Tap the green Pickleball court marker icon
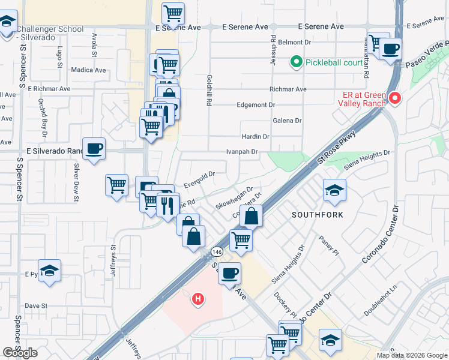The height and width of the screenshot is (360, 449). pos(295,61)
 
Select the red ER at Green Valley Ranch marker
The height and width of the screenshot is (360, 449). pos(394,97)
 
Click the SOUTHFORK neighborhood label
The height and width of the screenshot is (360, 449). pos(312,214)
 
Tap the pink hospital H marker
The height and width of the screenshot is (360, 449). pos(197,299)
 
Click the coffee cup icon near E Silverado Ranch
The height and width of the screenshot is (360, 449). pos(94,148)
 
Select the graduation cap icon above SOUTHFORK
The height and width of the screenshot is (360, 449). pos(334,190)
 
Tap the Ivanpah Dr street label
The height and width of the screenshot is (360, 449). pos(242,152)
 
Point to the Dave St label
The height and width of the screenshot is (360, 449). pos(36,305)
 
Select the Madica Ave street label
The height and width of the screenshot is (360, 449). pos(88,70)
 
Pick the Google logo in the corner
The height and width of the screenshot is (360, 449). pos(20,353)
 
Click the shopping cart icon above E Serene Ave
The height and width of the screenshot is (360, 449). pos(173,13)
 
